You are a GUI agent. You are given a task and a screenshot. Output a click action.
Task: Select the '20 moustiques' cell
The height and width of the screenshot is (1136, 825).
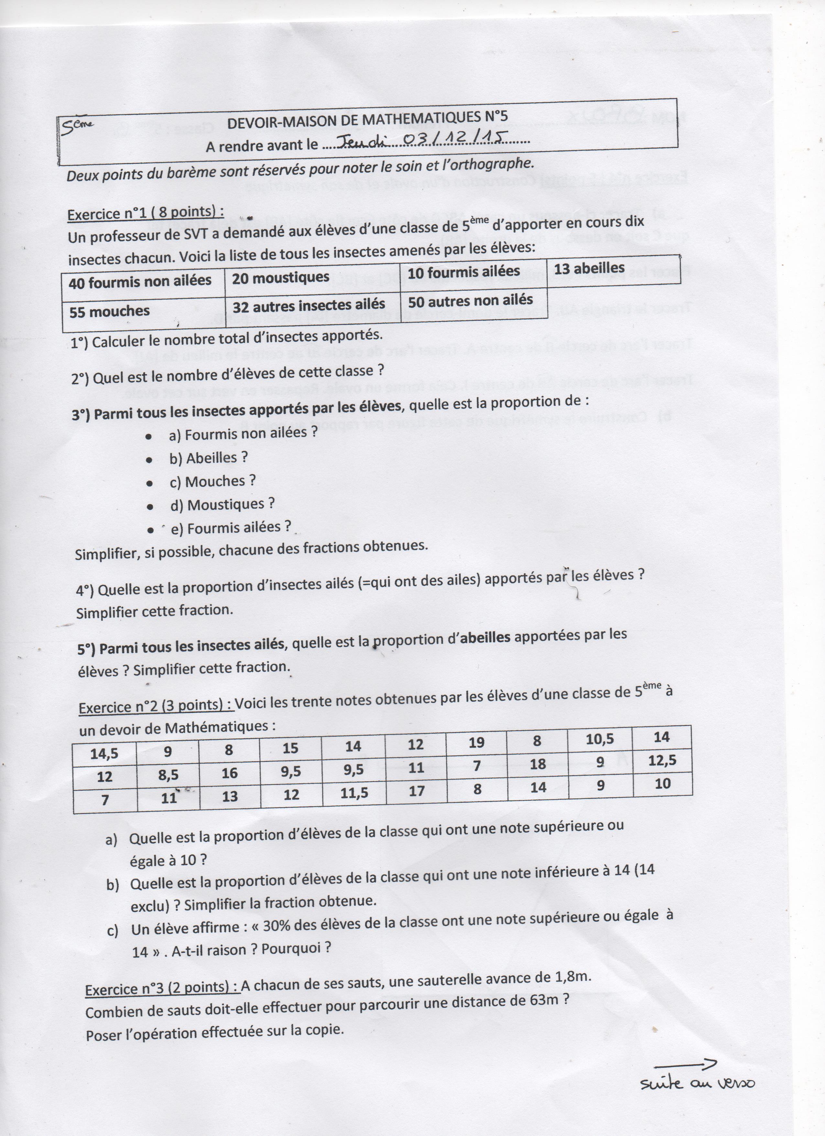click(281, 277)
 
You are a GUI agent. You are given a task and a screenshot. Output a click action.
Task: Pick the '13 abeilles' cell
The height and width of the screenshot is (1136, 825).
click(589, 269)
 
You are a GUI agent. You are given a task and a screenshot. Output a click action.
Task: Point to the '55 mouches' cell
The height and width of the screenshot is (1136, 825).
click(110, 312)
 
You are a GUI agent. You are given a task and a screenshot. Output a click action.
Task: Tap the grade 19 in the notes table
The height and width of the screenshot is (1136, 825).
click(477, 742)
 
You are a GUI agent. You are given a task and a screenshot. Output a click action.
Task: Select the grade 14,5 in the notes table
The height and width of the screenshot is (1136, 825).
click(104, 753)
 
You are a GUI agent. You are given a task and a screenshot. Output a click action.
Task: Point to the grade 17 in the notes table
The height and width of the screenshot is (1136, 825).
click(416, 791)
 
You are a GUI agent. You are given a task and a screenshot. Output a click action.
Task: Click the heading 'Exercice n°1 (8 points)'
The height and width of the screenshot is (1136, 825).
click(145, 212)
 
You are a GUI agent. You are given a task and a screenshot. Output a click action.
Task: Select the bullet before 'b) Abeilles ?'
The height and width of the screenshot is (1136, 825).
click(149, 459)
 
